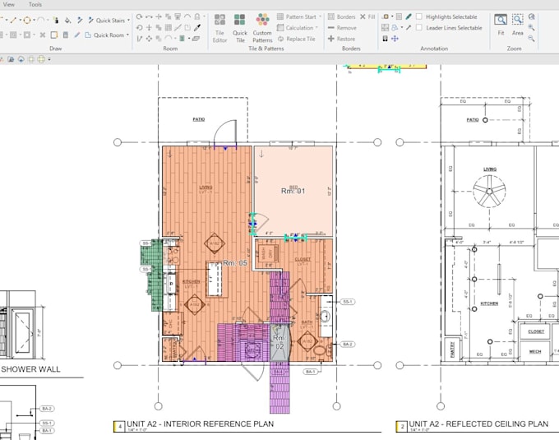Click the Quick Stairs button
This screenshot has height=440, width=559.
109,20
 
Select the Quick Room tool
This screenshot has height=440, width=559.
108,35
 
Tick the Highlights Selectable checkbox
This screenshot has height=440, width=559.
419,16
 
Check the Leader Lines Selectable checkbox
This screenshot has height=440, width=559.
419,28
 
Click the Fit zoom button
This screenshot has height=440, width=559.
501,24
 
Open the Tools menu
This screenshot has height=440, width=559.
35,5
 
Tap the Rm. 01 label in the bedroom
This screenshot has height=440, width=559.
293,191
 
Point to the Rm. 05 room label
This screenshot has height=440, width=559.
234,263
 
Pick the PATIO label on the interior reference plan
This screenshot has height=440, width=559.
198,119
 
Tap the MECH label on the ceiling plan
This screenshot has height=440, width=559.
535,351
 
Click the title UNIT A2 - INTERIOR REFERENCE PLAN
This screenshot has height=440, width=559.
200,424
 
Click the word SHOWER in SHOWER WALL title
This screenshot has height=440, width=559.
20,369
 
